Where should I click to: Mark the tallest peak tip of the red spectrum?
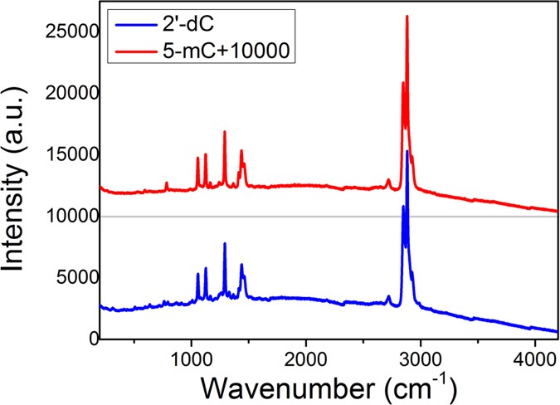407,17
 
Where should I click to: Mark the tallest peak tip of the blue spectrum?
407,151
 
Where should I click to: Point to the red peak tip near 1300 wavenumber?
225,132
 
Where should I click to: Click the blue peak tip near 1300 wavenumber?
225,244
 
